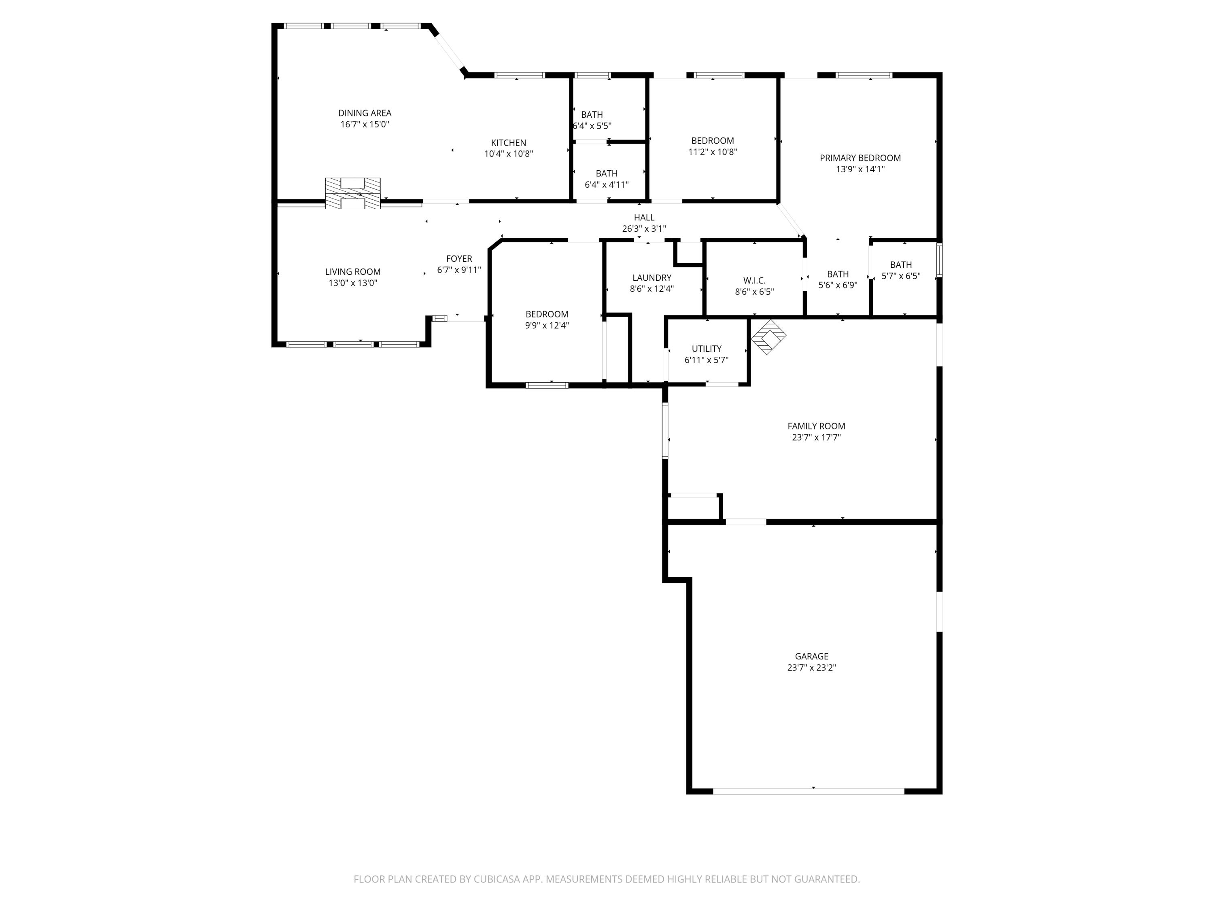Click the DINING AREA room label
point(365,113)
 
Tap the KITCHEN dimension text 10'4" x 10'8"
point(508,154)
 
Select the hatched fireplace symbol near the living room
point(352,193)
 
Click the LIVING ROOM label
point(352,271)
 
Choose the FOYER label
point(459,258)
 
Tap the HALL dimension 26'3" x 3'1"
point(644,229)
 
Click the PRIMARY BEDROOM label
point(860,158)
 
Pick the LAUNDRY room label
point(652,277)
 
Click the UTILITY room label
point(706,349)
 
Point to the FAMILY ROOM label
point(816,425)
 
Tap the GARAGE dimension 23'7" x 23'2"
point(811,668)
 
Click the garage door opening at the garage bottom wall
point(809,791)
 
